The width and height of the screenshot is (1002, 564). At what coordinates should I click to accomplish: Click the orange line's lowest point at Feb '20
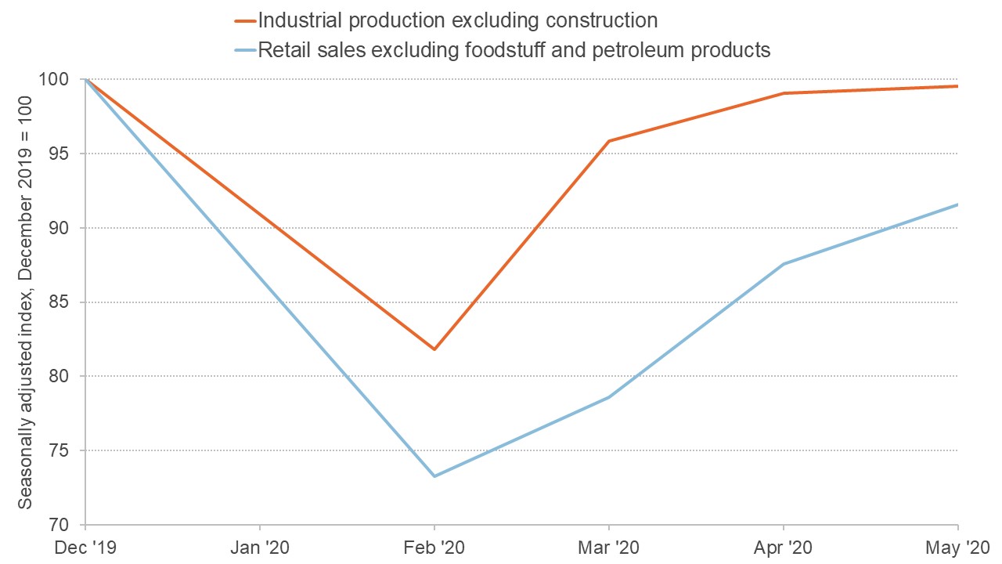tap(434, 349)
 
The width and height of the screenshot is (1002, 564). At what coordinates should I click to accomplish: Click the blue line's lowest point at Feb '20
tap(434, 476)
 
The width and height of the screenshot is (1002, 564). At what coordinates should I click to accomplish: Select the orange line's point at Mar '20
tap(609, 141)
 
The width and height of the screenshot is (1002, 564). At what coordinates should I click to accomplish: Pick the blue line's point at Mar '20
tap(609, 397)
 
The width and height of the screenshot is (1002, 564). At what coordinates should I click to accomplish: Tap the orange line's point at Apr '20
tap(784, 93)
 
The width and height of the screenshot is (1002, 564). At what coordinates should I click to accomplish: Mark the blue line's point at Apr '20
tap(784, 264)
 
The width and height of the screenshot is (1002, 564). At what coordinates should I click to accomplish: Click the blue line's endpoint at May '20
tap(957, 204)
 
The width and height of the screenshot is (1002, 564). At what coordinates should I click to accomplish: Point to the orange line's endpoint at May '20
tap(957, 86)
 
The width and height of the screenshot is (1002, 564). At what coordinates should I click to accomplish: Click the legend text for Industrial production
tap(457, 19)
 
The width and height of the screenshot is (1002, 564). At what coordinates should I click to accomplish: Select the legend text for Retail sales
tap(514, 50)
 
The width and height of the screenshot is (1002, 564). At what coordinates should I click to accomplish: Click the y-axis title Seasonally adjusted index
tap(26, 302)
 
